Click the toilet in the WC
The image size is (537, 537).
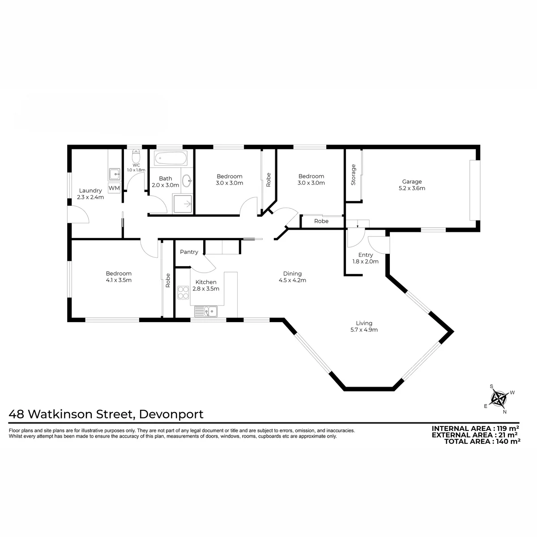(136, 156)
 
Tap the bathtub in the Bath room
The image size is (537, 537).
(170, 159)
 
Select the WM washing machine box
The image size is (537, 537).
(114, 188)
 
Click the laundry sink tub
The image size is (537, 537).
(115, 174)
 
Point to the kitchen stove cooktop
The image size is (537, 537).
(183, 293)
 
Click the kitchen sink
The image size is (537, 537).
(206, 311)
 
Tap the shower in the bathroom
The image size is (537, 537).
(183, 204)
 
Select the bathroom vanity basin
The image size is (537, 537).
(187, 181)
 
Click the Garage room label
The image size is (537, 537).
(412, 182)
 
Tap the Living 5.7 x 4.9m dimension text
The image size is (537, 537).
(364, 330)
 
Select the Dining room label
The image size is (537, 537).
(292, 274)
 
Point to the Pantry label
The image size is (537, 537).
(189, 252)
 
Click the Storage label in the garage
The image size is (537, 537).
(354, 175)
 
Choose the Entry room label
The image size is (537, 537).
(365, 255)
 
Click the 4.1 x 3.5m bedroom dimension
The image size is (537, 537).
(119, 280)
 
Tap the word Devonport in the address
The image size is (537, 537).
(171, 414)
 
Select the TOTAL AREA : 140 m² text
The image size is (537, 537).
(482, 441)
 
